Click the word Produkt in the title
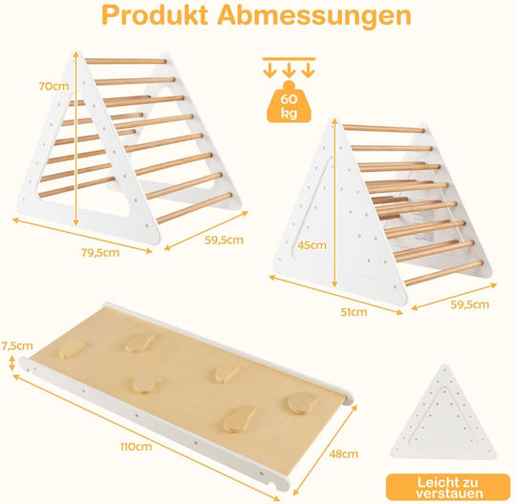click(155, 14)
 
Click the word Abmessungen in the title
click(314, 15)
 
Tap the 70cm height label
click(54, 86)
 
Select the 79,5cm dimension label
click(100, 253)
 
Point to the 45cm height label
click(312, 245)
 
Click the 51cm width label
click(354, 312)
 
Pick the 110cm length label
click(136, 447)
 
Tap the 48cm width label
click(344, 454)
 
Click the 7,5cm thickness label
click(17, 346)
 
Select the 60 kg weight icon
click(289, 102)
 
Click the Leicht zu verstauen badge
click(448, 488)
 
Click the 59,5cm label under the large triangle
click(224, 240)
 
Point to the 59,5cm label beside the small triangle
click(469, 304)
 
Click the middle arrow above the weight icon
click(289, 70)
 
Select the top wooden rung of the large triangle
click(126, 61)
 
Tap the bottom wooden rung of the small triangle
click(443, 273)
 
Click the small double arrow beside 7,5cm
click(12, 363)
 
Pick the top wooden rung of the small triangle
click(384, 129)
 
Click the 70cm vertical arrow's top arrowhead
click(76, 53)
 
